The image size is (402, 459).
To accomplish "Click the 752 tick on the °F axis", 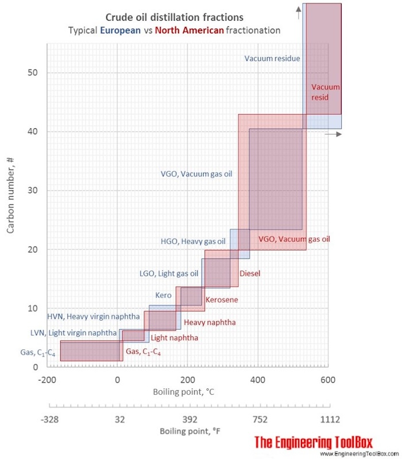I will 258,419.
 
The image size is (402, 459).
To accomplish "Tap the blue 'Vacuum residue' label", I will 272,58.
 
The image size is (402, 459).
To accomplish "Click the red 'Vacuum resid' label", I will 325,92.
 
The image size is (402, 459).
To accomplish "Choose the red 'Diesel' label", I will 250,273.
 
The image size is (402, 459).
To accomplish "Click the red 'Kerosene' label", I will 222,299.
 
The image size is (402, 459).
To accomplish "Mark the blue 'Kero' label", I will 163,295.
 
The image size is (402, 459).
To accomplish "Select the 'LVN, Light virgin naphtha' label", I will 73,333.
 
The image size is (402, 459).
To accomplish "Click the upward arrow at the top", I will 299,8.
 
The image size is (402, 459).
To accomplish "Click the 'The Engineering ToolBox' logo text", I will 314,442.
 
